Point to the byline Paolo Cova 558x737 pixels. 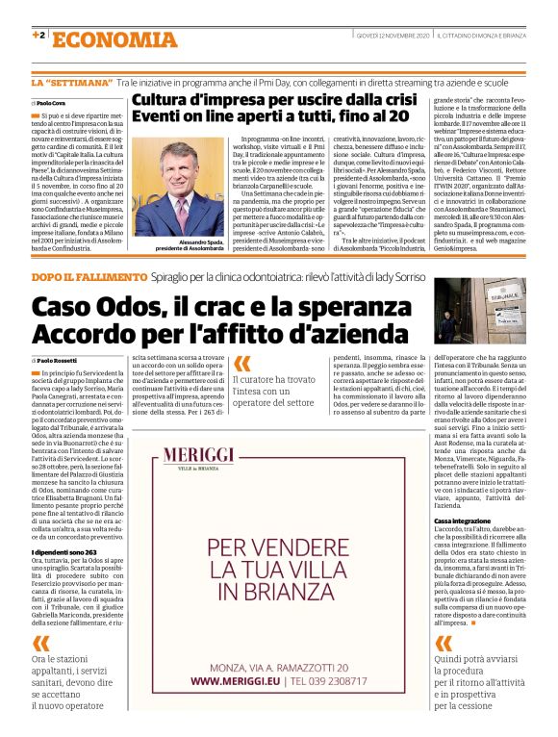[50, 103]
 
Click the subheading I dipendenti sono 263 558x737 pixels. [63, 553]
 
